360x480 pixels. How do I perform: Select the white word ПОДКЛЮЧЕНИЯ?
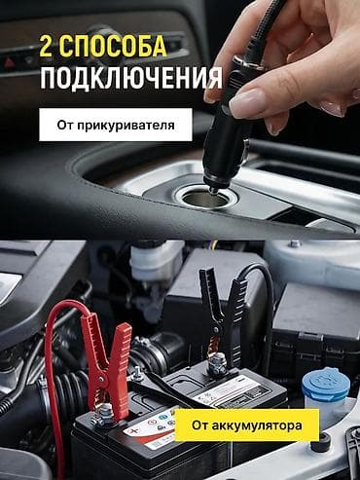(x=131, y=77)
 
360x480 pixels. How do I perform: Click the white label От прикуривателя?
(x=116, y=125)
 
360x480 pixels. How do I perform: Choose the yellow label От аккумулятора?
(x=247, y=425)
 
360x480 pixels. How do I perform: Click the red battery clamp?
(x=107, y=363)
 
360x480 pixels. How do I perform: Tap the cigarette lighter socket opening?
(x=204, y=199)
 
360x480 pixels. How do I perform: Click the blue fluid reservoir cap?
(x=325, y=382)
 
